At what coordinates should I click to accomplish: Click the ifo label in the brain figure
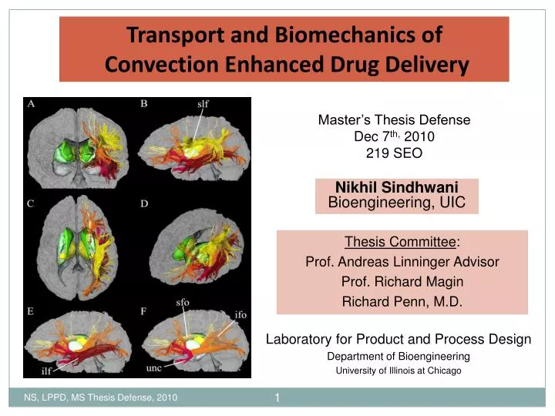(x=240, y=314)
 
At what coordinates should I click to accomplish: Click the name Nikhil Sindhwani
(x=397, y=188)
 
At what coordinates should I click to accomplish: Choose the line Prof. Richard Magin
(x=402, y=282)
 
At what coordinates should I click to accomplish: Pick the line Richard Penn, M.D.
(x=402, y=302)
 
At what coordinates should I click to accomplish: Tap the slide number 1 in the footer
(x=277, y=398)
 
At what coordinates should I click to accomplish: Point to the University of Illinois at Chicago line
(x=398, y=371)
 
